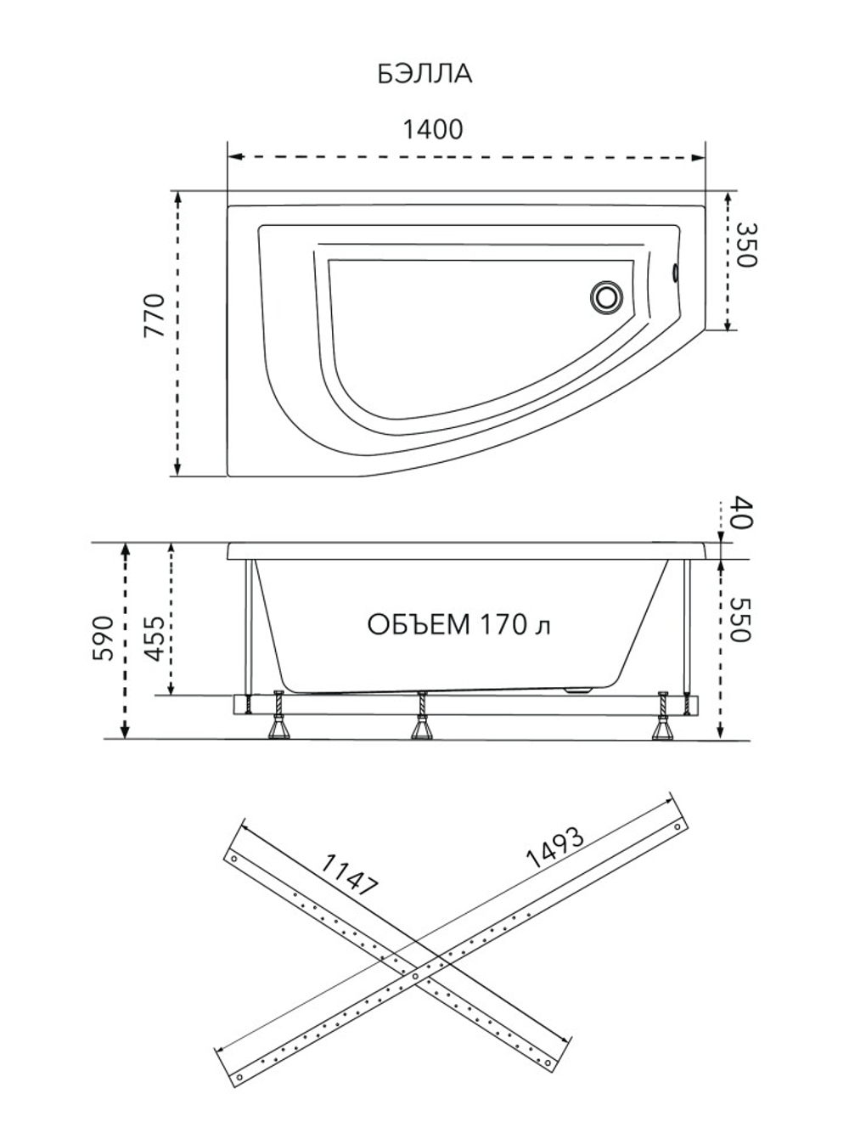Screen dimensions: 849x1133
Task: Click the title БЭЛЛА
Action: coord(425,75)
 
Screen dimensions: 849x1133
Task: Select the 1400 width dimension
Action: coord(433,129)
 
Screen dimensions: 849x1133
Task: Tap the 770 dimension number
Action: coord(155,315)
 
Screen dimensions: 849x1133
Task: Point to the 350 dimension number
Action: coord(745,245)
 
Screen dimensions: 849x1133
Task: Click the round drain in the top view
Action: coord(606,296)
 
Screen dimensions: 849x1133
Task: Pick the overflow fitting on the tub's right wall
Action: coord(675,273)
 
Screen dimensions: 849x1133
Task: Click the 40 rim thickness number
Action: coord(743,512)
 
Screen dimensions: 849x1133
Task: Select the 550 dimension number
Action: coord(741,620)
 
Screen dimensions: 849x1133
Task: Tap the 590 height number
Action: coord(103,638)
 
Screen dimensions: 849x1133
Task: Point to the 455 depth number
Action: coord(154,639)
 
